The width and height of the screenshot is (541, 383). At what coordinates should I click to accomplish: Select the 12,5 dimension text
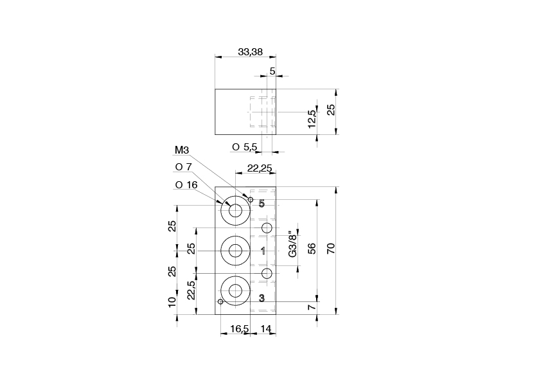tap(312, 118)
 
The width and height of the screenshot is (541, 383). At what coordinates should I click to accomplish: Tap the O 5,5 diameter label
tap(245, 147)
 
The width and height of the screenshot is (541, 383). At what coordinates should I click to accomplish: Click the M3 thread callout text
tap(182, 151)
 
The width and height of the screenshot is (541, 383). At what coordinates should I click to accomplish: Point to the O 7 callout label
tap(184, 167)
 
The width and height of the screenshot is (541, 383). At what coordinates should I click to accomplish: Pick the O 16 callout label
tap(186, 185)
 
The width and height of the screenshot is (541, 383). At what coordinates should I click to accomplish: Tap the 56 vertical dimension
tap(312, 249)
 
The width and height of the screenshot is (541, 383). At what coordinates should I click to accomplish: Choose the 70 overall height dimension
tap(331, 249)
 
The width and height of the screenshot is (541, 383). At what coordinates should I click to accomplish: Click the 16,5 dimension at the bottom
tap(239, 329)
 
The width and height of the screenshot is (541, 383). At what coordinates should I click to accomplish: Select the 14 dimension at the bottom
tap(266, 329)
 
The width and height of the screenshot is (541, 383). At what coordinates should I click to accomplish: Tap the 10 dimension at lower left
tap(172, 302)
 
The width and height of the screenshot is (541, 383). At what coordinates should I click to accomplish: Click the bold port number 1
tap(263, 251)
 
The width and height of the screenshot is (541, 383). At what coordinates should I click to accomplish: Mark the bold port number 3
tap(262, 298)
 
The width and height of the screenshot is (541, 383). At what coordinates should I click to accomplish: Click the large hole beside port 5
tap(235, 211)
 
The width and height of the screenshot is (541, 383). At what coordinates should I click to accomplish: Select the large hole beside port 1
tap(235, 251)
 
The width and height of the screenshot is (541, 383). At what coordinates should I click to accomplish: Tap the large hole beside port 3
tap(235, 290)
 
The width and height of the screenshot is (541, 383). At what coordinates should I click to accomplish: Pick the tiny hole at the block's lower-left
tap(220, 301)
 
